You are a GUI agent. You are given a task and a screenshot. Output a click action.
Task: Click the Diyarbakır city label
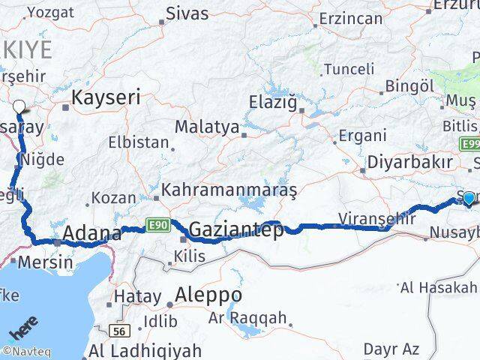coord(409,162)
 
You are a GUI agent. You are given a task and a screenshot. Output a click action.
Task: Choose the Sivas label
coord(187,13)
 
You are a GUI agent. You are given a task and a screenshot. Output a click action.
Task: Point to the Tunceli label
coord(349,69)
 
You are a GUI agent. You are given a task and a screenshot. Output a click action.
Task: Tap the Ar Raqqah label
coord(247,317)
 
